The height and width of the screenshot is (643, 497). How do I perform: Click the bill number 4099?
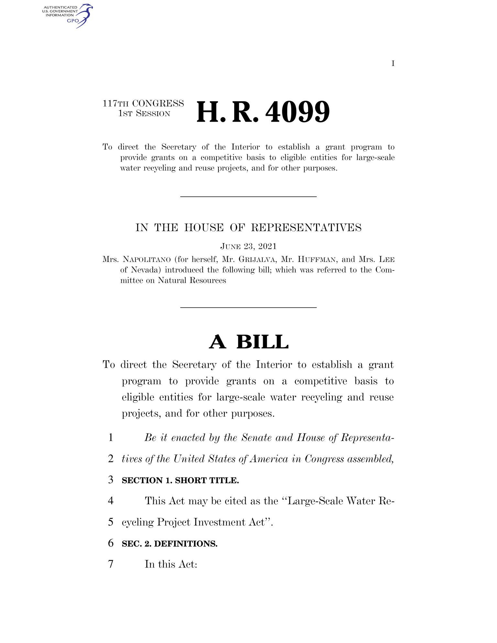click(x=298, y=112)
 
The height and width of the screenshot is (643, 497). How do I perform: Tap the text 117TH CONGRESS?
click(x=143, y=104)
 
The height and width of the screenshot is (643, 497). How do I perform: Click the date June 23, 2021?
click(x=248, y=246)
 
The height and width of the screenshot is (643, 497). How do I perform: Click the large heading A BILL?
click(x=248, y=342)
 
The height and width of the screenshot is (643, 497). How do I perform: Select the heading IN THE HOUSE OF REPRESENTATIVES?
click(x=248, y=228)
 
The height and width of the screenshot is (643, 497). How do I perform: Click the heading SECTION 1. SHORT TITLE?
click(x=180, y=481)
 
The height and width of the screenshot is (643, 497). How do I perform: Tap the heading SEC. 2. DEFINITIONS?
click(x=170, y=544)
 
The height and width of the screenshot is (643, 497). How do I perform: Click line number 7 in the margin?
click(x=111, y=564)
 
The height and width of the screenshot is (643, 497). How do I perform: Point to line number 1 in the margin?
click(x=111, y=438)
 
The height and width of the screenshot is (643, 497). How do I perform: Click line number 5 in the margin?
click(x=111, y=522)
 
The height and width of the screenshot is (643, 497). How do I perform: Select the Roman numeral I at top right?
click(x=393, y=64)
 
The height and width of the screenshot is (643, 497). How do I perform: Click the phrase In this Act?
click(x=171, y=564)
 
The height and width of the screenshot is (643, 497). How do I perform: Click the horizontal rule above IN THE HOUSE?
click(x=248, y=197)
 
